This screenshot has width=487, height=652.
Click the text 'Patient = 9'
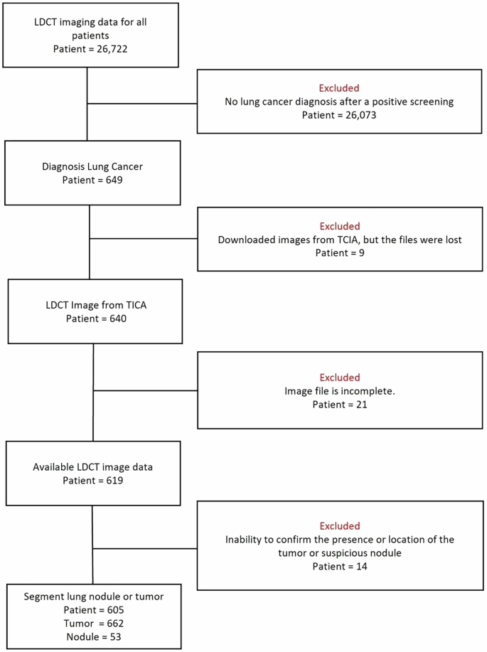click(x=339, y=253)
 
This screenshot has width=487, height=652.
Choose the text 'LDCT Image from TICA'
click(x=94, y=304)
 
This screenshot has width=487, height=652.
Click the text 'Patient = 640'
click(x=94, y=319)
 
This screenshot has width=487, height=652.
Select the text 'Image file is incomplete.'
click(x=339, y=390)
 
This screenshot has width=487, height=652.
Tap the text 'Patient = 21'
click(x=339, y=404)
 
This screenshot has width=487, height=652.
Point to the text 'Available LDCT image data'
click(x=93, y=467)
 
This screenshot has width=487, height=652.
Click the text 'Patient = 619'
click(x=93, y=481)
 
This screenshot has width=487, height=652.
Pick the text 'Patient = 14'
click(x=339, y=566)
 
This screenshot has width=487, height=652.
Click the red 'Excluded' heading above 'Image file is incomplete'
click(x=339, y=377)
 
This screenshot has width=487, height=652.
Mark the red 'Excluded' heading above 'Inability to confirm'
click(x=339, y=525)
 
